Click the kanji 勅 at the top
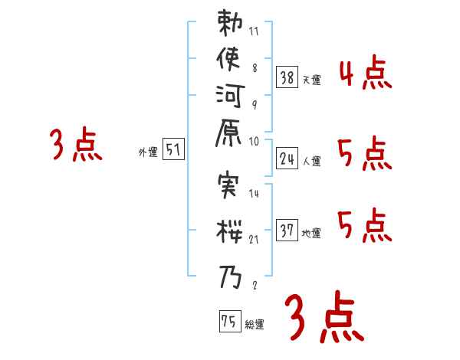tap(230, 26)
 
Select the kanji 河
tap(230, 102)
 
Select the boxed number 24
tap(287, 159)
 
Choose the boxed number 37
tap(287, 230)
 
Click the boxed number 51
tap(174, 150)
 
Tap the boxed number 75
tap(229, 321)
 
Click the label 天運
tap(311, 80)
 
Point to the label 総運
tap(255, 325)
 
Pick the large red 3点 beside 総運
tap(322, 315)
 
